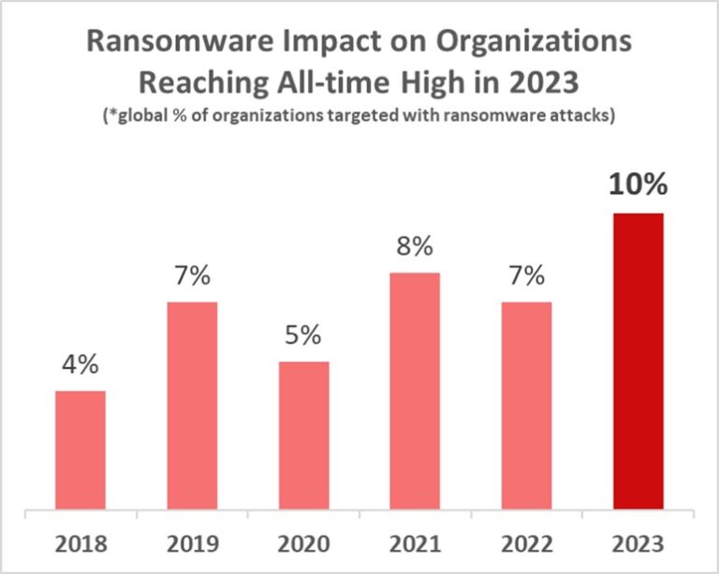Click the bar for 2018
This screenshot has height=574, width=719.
pos(81,451)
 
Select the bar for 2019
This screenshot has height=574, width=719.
pos(192,407)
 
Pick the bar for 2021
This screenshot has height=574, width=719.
pos(415,392)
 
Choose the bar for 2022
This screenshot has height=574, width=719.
pos(526,407)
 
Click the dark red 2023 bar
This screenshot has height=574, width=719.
pos(638,362)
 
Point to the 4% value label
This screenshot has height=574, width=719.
pos(81,365)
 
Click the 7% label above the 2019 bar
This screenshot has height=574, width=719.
pos(192,276)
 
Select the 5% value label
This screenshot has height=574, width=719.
pos(303,335)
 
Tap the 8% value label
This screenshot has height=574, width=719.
pos(415,247)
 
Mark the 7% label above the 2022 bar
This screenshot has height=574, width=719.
pos(526,276)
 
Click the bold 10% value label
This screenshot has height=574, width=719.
pos(638,184)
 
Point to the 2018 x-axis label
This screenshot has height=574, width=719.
pos(81,544)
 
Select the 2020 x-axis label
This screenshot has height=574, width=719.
pos(303,544)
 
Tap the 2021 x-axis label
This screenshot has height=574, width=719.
pos(415,544)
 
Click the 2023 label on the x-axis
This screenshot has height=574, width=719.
pos(638,544)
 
